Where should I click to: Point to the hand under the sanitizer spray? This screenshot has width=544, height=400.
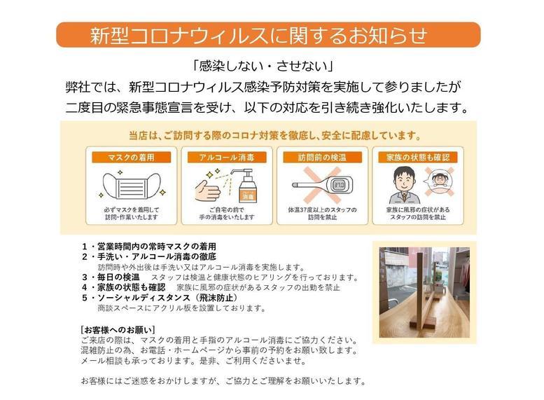[x=209, y=190]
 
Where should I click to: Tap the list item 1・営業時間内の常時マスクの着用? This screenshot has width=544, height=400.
[x=149, y=247]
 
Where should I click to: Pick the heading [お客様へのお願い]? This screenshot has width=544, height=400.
[x=118, y=329]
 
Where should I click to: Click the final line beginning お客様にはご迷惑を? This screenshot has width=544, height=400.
[x=223, y=381]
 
